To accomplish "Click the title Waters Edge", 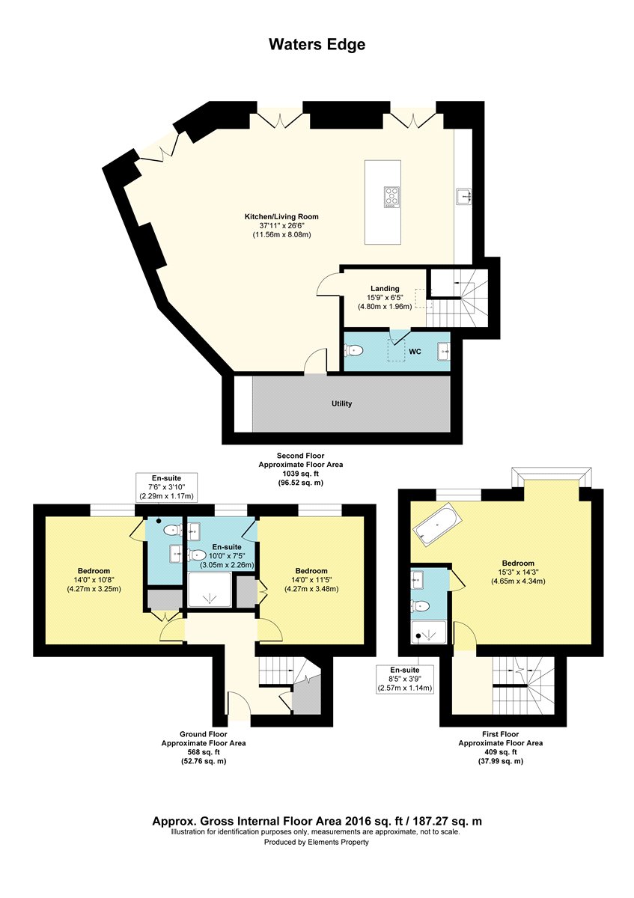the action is (317, 44).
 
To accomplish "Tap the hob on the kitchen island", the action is (391, 198).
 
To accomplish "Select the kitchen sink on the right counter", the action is (463, 197).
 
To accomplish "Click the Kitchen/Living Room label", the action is (281, 216).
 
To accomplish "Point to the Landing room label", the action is (385, 288).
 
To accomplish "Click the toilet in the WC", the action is (354, 351).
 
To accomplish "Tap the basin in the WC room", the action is (444, 351).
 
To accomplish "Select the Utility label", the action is (341, 403).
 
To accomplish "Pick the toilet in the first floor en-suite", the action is (420, 605).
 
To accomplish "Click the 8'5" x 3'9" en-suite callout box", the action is (405, 679).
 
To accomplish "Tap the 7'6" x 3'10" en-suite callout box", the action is (166, 487).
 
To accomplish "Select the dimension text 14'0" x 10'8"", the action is (94, 580).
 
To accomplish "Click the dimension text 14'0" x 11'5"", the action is (311, 580).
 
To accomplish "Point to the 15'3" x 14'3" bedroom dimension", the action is (518, 572).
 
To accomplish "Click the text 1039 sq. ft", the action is (301, 474).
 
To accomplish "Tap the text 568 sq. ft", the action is (204, 751).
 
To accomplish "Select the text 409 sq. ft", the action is (501, 751).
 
